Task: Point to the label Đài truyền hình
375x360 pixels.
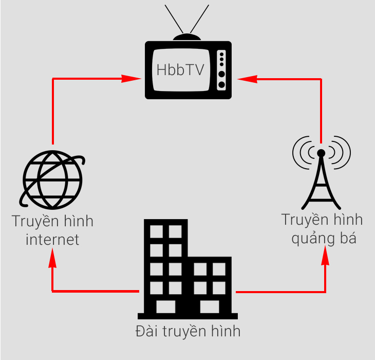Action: (188, 331)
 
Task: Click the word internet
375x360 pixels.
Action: (52, 239)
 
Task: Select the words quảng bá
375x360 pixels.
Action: (323, 238)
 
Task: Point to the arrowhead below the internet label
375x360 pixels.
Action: (52, 260)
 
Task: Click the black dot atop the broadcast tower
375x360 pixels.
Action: (321, 153)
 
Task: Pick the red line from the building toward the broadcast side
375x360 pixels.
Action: (280, 292)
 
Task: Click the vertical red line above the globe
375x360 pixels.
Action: (52, 111)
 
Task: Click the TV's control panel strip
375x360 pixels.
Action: (221, 70)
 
